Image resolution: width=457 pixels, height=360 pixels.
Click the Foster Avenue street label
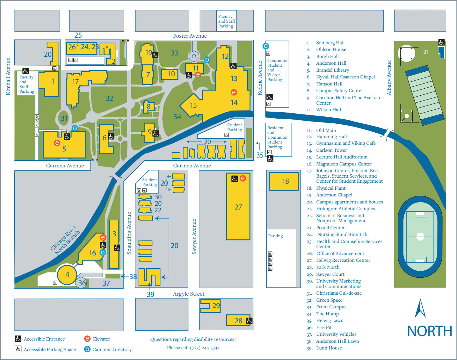190,36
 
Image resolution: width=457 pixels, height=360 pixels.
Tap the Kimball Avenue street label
8,77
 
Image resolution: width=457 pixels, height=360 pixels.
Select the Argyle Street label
189,294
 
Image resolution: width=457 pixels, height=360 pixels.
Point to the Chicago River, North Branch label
66,240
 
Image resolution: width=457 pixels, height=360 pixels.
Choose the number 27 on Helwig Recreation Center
238,207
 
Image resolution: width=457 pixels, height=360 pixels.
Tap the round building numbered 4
67,275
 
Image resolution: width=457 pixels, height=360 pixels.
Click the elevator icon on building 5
57,143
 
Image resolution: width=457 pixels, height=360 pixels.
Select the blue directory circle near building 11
207,60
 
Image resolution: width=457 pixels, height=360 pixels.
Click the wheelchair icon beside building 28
249,321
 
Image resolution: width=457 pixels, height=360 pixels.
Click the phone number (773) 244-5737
205,348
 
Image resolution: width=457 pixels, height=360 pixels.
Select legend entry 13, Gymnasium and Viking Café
345,143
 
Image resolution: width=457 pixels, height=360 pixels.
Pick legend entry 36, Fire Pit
324,327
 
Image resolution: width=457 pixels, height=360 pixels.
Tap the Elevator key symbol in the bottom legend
87,339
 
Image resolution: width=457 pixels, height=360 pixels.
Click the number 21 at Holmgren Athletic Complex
426,52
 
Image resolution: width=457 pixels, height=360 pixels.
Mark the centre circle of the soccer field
420,237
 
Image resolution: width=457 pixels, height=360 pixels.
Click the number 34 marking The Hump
177,117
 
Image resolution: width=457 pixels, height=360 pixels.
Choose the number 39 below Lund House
150,294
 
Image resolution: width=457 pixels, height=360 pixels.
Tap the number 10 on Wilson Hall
171,74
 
